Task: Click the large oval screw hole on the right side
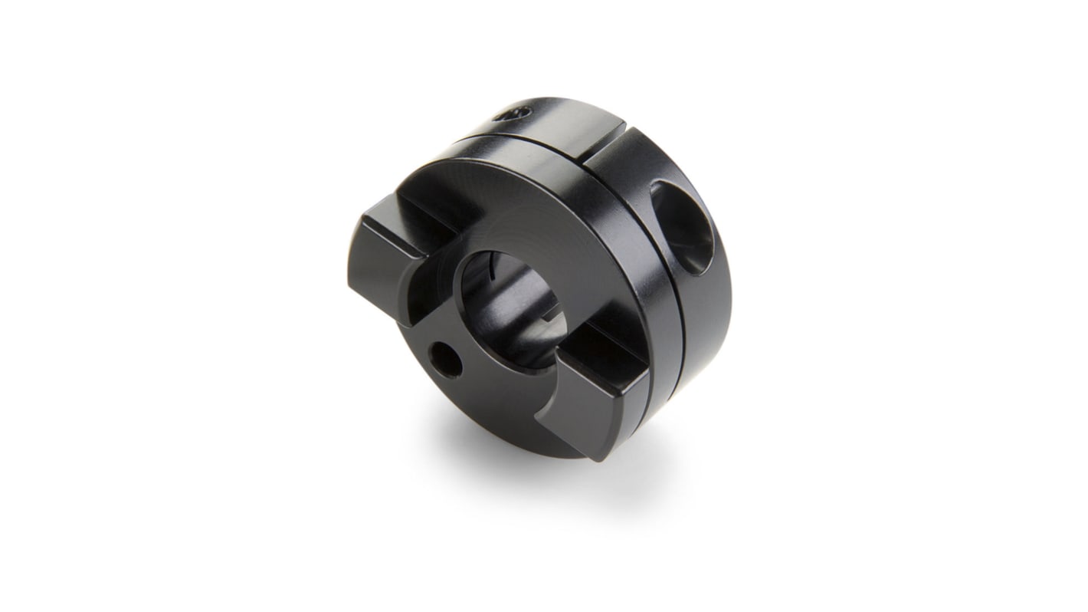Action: [x=683, y=227]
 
